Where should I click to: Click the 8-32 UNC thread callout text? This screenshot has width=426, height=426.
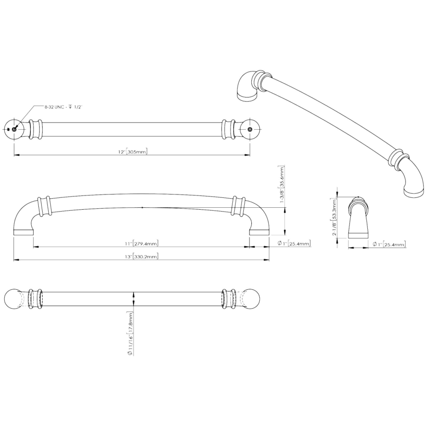[x=63, y=107]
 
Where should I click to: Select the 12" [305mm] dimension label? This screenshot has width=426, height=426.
[x=133, y=151]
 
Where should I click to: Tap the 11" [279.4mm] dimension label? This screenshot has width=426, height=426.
[x=141, y=243]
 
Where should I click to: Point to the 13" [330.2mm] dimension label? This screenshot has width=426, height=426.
[x=141, y=256]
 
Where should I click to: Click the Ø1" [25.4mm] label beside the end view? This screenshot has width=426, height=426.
[x=389, y=244]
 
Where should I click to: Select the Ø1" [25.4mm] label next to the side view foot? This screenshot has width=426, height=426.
[x=294, y=243]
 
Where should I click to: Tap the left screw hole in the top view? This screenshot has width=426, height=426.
[x=14, y=129]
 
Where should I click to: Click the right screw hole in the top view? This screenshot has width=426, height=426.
[x=249, y=129]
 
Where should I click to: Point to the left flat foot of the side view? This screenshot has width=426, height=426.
[x=23, y=232]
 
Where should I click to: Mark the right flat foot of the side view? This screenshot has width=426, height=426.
[x=259, y=232]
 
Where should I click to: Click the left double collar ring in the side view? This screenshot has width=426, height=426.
[x=44, y=206]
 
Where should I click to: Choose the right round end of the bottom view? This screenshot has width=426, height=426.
[x=249, y=299]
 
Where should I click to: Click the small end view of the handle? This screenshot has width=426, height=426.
[x=358, y=217]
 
